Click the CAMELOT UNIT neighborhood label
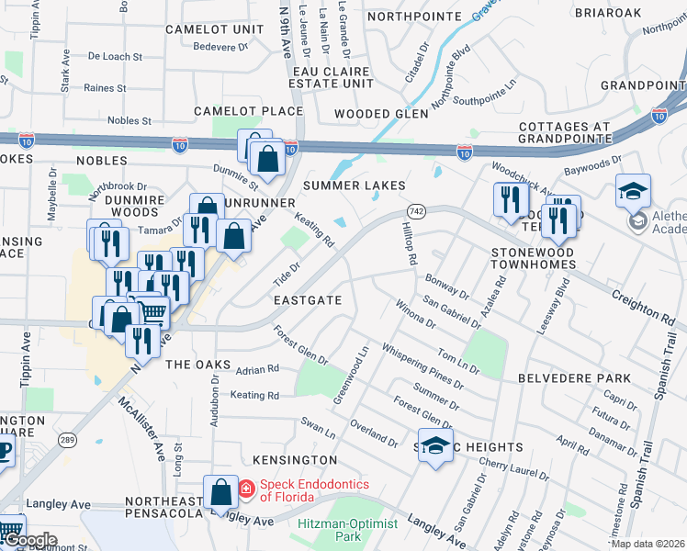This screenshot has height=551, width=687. point(208,29)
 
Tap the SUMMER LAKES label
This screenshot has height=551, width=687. point(355,186)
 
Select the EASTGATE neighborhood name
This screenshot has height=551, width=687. point(308,300)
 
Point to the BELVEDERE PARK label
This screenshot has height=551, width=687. point(574,378)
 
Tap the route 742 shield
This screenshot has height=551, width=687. point(416,210)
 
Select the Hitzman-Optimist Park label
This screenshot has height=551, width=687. point(348,530)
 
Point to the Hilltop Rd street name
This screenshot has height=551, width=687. point(407,244)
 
